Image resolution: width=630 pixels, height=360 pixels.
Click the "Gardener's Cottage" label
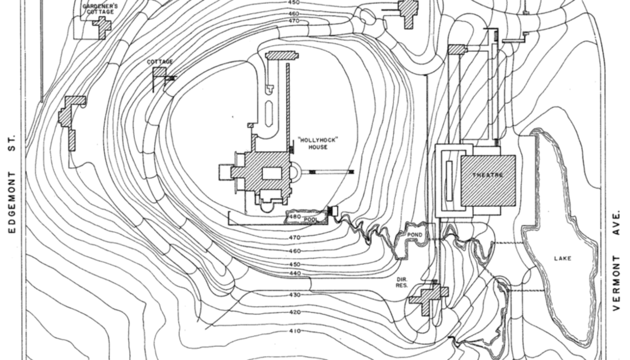pos(100,9)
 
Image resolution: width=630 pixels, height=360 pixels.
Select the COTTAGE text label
pos(160,62)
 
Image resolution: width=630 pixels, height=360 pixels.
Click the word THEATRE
pos(488,175)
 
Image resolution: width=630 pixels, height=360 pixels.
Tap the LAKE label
pos(563,258)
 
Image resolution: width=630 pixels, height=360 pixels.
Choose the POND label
pos(415,235)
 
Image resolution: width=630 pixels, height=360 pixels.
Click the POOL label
pos(311,220)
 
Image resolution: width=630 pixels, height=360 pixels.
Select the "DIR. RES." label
pos(402,282)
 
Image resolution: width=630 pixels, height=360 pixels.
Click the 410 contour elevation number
pos(295,331)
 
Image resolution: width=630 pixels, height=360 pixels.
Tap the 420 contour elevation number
pos(295,312)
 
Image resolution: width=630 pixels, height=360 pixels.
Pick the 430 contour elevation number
pos(295,295)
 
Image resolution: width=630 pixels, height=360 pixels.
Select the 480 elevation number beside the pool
pos(295,217)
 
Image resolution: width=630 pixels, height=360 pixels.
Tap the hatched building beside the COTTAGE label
pos(160,72)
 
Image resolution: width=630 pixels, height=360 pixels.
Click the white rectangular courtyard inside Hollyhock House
pos(272,173)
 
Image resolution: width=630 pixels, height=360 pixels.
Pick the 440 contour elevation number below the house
pos(295,273)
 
